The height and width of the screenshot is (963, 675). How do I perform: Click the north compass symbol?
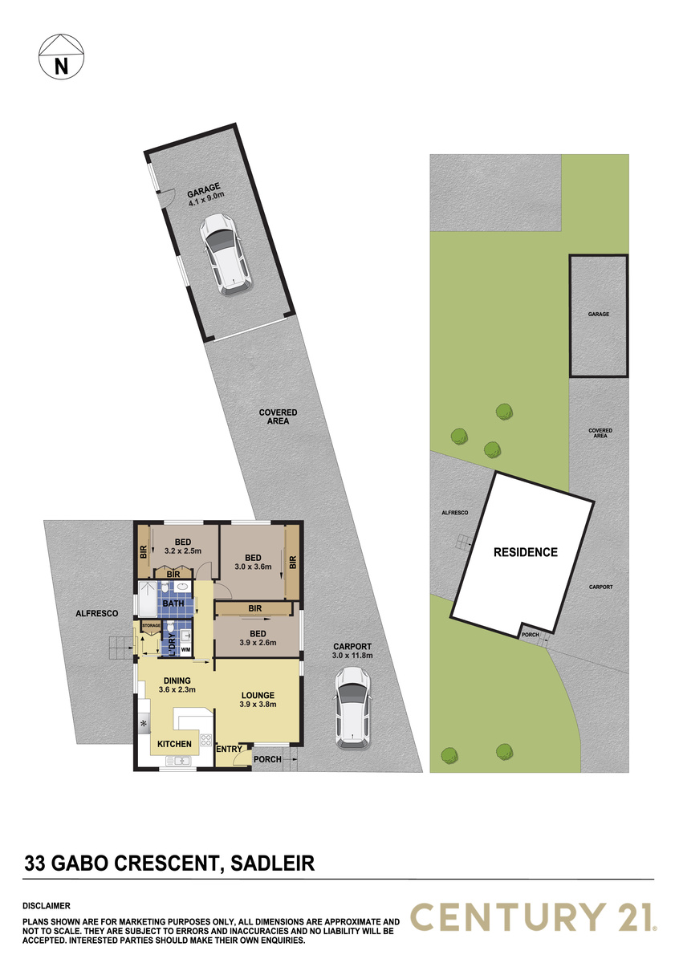(61, 56)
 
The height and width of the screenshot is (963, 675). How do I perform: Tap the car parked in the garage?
(225, 254)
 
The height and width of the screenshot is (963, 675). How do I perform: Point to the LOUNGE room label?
(258, 695)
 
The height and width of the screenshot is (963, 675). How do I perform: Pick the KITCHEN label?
(174, 744)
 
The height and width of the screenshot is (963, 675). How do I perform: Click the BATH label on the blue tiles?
(173, 603)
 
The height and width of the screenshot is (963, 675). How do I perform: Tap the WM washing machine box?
(185, 649)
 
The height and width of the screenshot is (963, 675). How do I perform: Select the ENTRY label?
(230, 749)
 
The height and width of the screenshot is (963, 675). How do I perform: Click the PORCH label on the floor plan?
(267, 759)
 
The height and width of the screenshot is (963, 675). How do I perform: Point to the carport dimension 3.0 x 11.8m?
(352, 655)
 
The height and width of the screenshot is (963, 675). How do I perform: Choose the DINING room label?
(177, 681)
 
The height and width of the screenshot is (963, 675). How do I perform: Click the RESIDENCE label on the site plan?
(526, 552)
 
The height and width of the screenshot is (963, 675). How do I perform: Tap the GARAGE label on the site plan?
(599, 315)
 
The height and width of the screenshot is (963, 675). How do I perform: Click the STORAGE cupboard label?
(152, 625)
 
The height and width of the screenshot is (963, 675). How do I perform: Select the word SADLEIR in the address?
(273, 851)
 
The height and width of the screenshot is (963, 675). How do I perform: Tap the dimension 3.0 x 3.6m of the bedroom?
(254, 567)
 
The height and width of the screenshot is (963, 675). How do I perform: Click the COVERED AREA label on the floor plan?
(278, 416)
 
